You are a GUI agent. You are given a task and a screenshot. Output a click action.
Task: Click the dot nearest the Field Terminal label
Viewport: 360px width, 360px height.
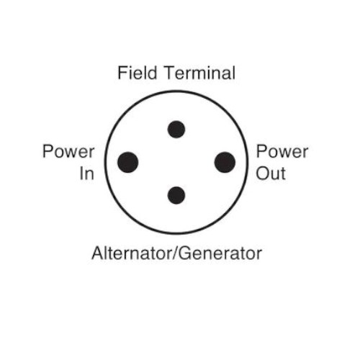pos(176,130)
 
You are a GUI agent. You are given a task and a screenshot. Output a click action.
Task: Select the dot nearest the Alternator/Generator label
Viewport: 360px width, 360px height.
pos(176,195)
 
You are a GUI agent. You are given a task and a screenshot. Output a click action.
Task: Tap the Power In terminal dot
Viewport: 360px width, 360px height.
pos(127,162)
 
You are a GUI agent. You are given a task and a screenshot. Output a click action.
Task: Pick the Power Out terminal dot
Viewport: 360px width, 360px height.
pos(225,162)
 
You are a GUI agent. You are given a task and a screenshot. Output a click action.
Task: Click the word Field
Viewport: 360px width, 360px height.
pos(138,73)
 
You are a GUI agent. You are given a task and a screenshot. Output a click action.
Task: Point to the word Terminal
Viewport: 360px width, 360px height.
pos(200,73)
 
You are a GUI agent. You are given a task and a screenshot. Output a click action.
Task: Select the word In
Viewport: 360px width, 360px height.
pos(86,174)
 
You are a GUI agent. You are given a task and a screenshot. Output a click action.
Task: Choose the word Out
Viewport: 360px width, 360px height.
pos(271,174)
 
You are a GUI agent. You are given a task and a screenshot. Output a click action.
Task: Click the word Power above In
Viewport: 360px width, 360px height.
pos(68,151)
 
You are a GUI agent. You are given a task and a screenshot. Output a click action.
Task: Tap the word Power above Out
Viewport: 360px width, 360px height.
pos(282,151)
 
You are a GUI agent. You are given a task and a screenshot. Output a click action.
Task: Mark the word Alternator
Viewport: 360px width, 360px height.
pos(132,253)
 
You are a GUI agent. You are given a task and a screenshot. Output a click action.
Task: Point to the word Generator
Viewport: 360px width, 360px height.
pos(220,253)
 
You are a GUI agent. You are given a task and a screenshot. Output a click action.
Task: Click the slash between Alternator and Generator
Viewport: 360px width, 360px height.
pos(175,253)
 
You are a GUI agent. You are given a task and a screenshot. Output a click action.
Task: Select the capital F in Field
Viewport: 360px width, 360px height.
pos(122,73)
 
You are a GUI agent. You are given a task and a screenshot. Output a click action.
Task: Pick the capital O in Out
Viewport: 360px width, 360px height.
pos(262,174)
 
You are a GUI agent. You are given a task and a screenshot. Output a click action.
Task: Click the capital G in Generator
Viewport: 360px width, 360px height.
pos(185,253)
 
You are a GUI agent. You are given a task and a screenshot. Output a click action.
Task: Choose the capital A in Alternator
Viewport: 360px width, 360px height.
pos(98,253)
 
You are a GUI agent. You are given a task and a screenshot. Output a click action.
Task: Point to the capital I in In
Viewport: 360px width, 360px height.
pos(81,174)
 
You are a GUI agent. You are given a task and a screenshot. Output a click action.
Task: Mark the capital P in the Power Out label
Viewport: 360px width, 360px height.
pos(261,151)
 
